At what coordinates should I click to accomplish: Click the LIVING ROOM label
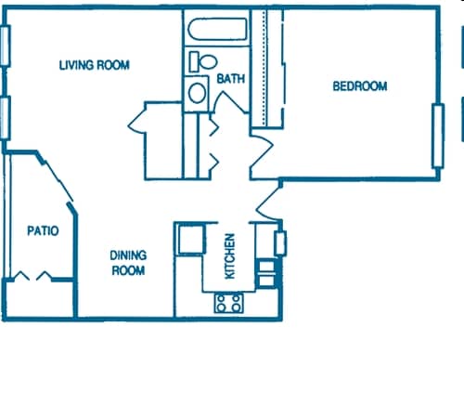[94, 65]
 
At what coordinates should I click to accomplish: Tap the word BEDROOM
[359, 86]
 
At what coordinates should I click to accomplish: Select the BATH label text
[230, 79]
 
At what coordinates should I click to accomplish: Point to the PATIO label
[43, 230]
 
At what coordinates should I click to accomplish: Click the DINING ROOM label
[128, 262]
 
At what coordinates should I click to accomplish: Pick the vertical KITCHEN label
[229, 255]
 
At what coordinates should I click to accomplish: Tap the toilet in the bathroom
[202, 62]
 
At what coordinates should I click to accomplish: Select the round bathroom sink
[197, 93]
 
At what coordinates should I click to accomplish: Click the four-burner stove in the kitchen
[229, 302]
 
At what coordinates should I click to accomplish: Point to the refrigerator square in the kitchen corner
[191, 239]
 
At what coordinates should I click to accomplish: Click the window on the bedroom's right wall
[437, 136]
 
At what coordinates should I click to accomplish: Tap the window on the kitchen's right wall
[281, 243]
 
